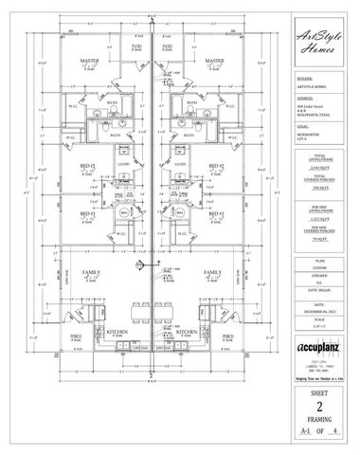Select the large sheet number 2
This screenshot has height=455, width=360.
pos(316,401)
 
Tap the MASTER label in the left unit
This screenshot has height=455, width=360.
pos(92,60)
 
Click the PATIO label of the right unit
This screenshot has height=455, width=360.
pos(167,45)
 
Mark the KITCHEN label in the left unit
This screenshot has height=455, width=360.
pos(118,332)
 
